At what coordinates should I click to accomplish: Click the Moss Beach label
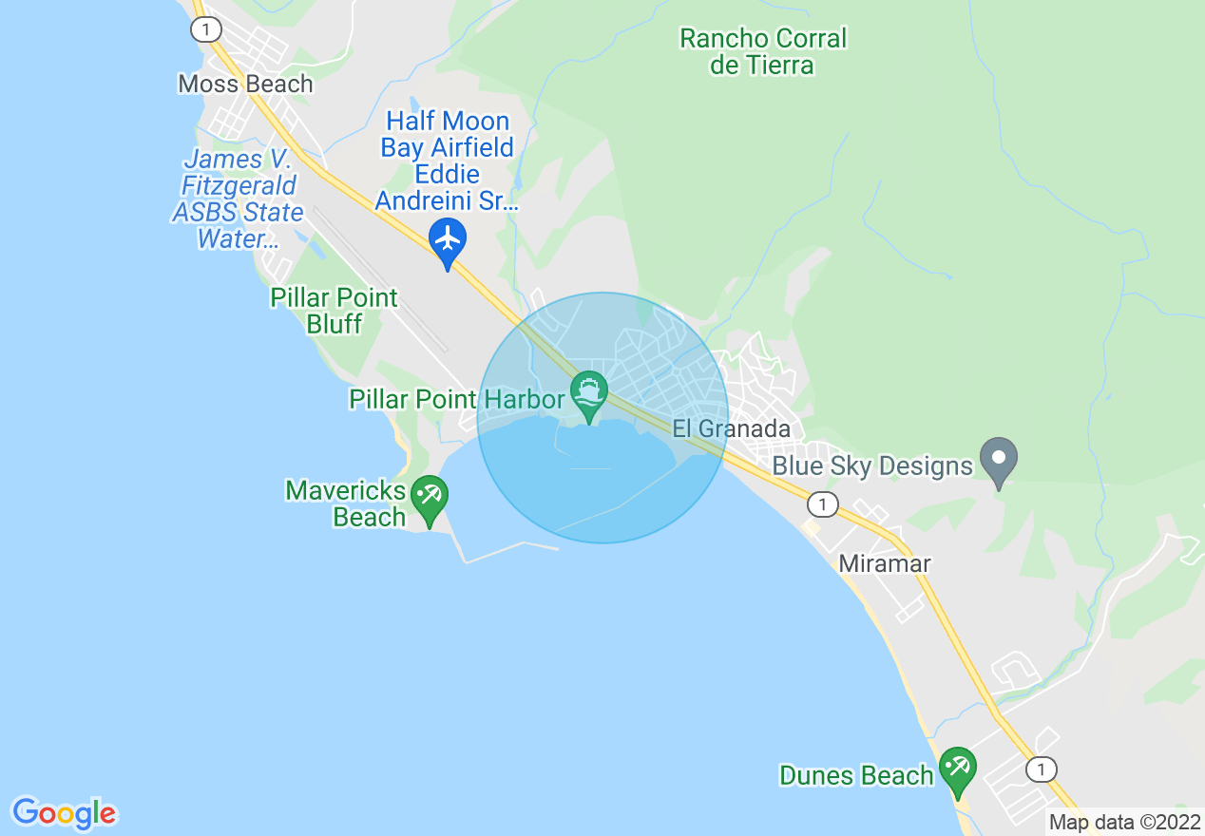click(x=245, y=84)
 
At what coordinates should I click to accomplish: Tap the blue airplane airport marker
click(x=447, y=241)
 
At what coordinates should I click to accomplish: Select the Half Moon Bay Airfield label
click(x=447, y=161)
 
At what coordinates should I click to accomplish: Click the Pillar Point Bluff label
click(x=334, y=311)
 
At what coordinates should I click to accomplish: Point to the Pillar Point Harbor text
click(x=457, y=399)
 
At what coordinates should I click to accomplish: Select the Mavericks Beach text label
click(x=346, y=503)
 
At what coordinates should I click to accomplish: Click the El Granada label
click(x=732, y=428)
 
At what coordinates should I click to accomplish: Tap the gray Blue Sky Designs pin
click(x=998, y=460)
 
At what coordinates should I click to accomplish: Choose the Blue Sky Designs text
click(x=872, y=465)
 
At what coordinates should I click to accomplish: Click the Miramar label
click(x=884, y=563)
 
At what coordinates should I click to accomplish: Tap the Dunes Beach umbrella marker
click(x=957, y=770)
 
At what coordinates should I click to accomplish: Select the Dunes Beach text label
click(x=856, y=775)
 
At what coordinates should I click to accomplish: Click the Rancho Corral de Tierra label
click(x=763, y=51)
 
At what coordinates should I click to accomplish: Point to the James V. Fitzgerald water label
click(x=238, y=199)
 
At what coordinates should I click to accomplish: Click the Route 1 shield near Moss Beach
click(x=204, y=29)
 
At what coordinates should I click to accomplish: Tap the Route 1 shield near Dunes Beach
click(x=1042, y=769)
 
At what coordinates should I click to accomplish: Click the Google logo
click(x=64, y=813)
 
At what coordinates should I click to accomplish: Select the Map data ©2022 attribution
click(x=1124, y=822)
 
